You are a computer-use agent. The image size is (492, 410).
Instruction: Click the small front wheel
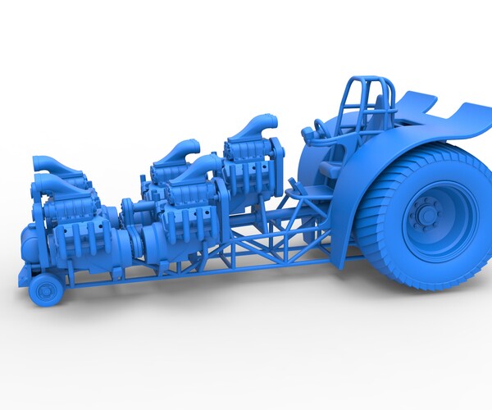[x=46, y=289]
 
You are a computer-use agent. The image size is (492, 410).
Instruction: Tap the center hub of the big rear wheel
[x=426, y=215]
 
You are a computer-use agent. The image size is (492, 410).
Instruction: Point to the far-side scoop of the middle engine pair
[x=182, y=152]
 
